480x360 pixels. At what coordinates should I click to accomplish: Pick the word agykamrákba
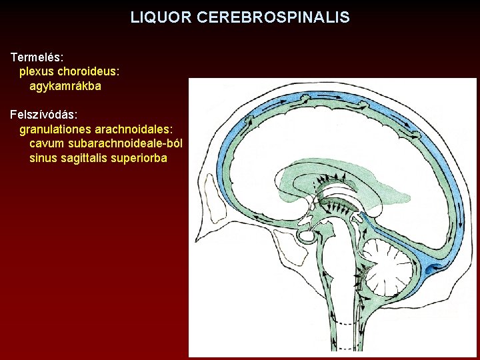[x=65, y=87]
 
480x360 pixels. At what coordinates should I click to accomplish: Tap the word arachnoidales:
[x=134, y=130]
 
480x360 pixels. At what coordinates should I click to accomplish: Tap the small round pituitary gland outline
[x=307, y=235]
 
